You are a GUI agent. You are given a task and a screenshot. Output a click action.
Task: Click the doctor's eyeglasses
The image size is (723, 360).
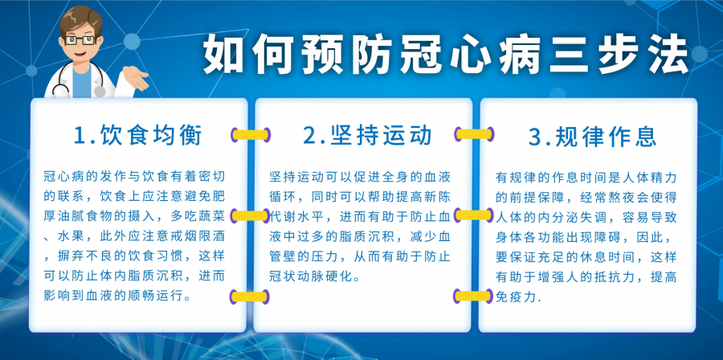click(x=81, y=39)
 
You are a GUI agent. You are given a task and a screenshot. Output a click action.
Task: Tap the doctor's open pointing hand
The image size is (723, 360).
click(x=136, y=77)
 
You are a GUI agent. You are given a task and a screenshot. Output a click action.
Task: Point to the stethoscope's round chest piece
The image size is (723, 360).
click(x=99, y=92)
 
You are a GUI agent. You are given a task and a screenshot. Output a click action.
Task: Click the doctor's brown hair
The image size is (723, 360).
click(x=81, y=21)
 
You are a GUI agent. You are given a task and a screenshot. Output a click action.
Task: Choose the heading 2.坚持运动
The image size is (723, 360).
click(x=367, y=136)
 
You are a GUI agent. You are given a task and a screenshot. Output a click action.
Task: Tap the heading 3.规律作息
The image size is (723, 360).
click(x=593, y=137)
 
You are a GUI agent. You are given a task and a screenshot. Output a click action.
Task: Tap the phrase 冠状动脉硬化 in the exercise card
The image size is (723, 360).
click(x=311, y=276)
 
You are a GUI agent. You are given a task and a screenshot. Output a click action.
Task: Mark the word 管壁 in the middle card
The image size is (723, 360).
click(x=283, y=256)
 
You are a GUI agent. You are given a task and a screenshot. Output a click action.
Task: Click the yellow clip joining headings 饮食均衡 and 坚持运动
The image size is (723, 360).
click(x=251, y=135)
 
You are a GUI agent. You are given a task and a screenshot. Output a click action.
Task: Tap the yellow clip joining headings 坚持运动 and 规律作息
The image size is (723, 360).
click(x=474, y=134)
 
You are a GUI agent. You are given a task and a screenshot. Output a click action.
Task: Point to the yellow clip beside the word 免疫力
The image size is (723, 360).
click(x=473, y=296)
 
